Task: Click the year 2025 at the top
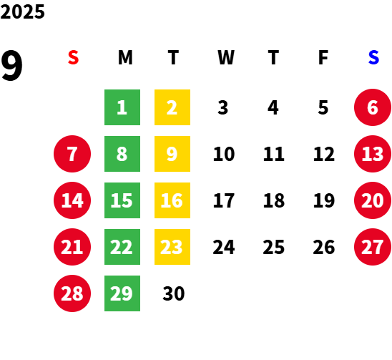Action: tap(22, 11)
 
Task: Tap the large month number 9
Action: tap(11, 66)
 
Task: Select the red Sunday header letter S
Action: tap(73, 57)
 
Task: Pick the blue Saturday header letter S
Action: tap(373, 57)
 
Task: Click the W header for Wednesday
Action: tap(226, 57)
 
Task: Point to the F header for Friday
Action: tap(323, 57)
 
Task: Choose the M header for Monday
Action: tap(125, 57)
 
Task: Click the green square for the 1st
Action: tap(122, 107)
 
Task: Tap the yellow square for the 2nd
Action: tap(172, 107)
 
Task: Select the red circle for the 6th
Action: tap(373, 107)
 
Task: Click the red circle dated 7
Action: tap(72, 154)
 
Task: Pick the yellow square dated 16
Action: tap(172, 200)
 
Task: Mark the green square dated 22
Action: tap(122, 247)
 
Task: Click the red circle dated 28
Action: tap(72, 293)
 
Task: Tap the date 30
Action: tap(174, 293)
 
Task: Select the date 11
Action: tap(274, 154)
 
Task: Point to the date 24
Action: tap(224, 247)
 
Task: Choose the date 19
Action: tap(324, 200)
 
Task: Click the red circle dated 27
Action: tap(373, 247)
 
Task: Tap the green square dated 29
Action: tap(122, 293)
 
